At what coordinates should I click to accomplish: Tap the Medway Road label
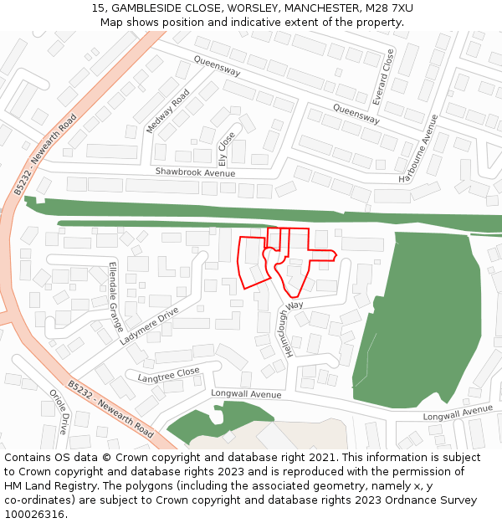click(x=163, y=116)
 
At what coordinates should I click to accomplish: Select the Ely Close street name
click(x=226, y=147)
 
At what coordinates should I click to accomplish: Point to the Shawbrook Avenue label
click(x=195, y=172)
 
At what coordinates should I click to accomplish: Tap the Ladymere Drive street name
click(x=149, y=326)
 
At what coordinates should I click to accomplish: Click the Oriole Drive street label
click(x=59, y=411)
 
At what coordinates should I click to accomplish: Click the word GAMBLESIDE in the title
click(x=150, y=8)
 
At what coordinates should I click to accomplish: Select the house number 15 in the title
click(x=99, y=8)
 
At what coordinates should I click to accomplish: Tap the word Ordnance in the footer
click(x=381, y=500)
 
